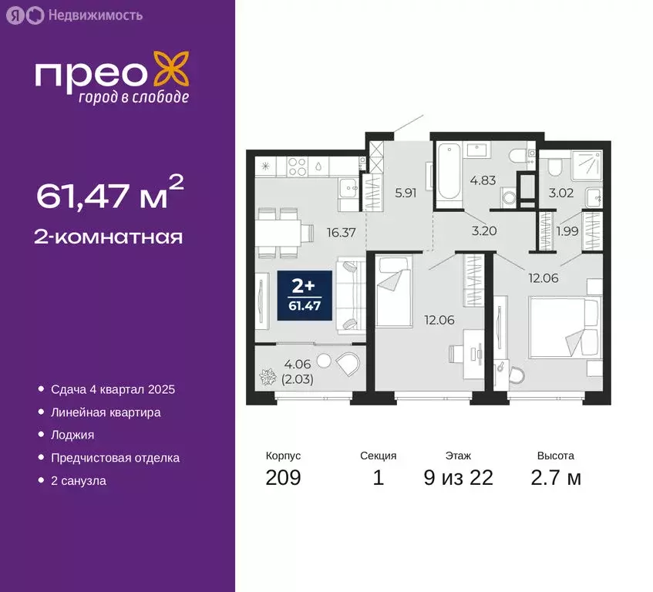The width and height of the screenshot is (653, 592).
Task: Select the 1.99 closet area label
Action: click(567, 232)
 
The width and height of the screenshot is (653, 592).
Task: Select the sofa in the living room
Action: click(350, 296)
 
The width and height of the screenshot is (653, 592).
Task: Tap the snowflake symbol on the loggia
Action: click(269, 378)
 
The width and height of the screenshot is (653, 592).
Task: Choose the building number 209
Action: click(283, 478)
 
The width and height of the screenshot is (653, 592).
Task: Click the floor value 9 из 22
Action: click(458, 478)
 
